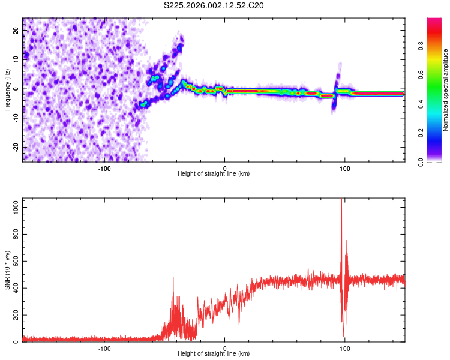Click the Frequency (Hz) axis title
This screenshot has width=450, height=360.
tap(7, 89)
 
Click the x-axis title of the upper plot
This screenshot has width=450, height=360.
tap(214, 173)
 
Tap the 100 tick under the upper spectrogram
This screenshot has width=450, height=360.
tap(345, 167)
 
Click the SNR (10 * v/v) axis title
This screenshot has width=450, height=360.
tap(7, 270)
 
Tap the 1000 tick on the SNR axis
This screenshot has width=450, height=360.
tap(14, 207)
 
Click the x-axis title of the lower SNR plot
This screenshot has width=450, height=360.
tap(214, 353)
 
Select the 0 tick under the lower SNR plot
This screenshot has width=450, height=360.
tap(225, 347)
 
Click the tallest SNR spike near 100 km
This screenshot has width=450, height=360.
tap(341, 200)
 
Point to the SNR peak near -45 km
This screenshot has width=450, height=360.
tap(173, 278)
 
